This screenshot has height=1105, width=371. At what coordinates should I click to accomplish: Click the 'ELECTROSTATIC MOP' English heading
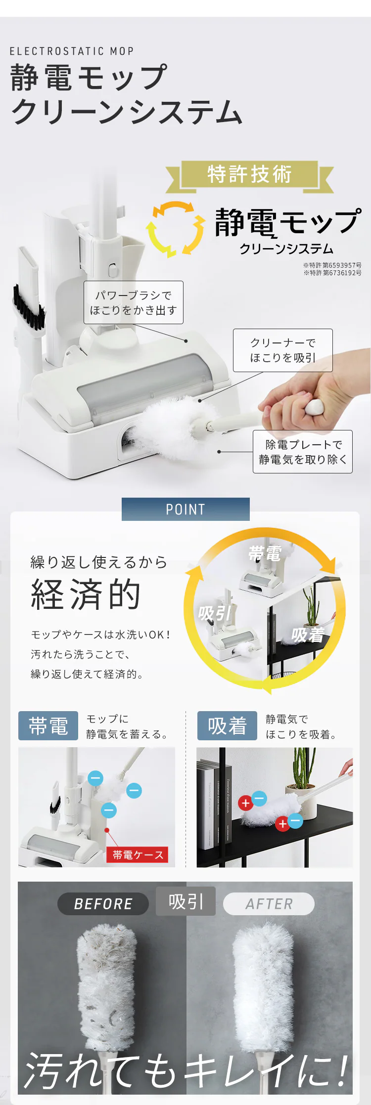pos(72,51)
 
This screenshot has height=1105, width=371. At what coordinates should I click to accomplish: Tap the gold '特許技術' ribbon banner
pos(250,175)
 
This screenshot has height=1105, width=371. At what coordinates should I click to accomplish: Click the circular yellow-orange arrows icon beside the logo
pos(176,228)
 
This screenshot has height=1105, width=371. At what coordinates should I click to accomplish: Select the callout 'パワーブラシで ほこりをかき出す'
pos(134,302)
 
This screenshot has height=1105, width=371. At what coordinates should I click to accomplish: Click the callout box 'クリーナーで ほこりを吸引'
pos(283,350)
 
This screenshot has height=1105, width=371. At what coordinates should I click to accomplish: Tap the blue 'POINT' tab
pos(185,509)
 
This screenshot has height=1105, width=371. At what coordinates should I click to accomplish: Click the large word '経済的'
pos(86,595)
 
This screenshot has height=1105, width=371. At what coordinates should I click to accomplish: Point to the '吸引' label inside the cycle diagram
pos(215,613)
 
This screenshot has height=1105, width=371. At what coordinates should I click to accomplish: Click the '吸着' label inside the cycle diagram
pos(308,635)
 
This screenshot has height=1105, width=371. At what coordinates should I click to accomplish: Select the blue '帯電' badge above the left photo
pos(48,725)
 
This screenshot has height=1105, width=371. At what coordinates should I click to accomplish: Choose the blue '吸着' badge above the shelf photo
pos(227,725)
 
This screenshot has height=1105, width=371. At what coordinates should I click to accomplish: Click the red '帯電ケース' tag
pos(138,854)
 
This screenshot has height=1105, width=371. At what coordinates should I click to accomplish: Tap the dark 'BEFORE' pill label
pos(103,904)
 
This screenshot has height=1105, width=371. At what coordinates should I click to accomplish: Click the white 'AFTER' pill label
pos(269,904)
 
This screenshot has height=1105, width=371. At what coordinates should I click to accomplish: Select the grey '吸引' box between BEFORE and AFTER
pos(185,901)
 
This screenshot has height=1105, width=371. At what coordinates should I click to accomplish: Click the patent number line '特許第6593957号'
pos(332,265)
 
